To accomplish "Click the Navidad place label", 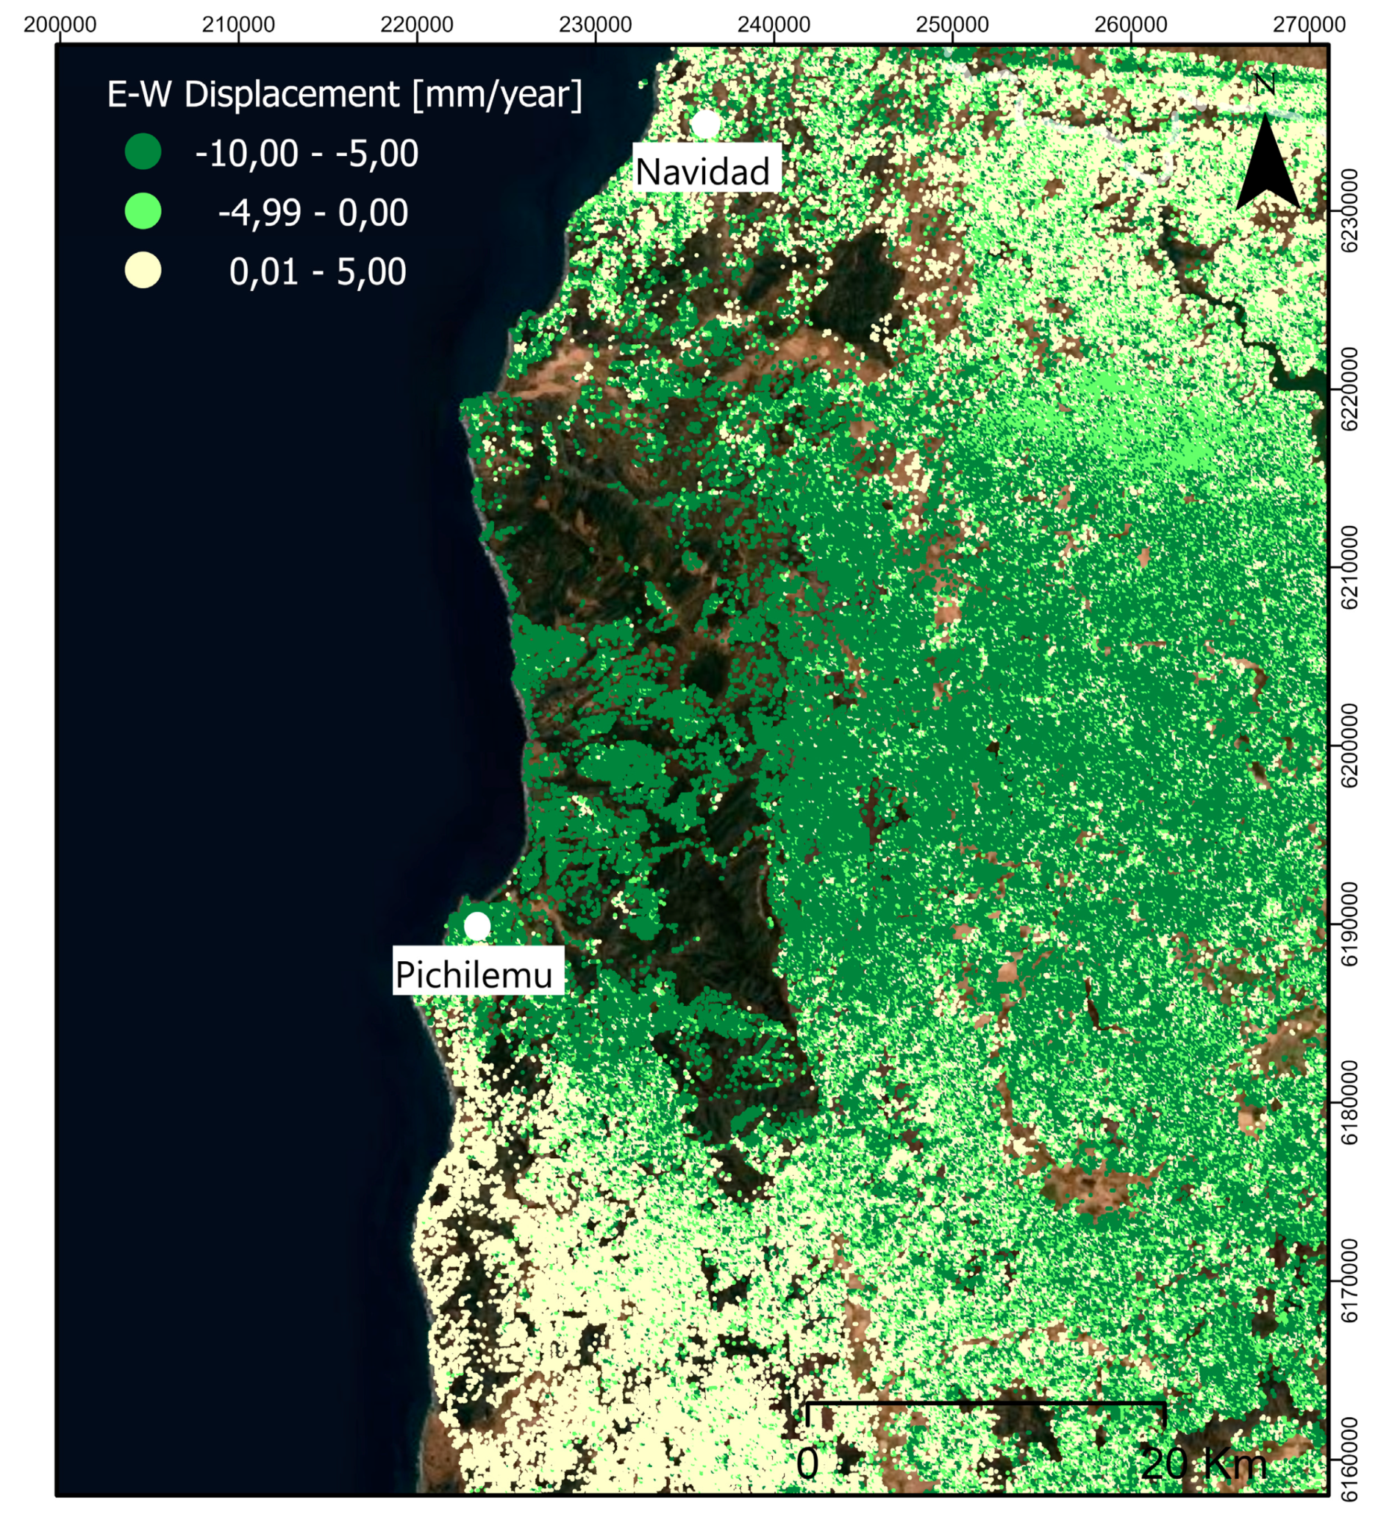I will pos(702,172).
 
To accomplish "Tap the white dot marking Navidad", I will pos(707,124).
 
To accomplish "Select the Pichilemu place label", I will pos(474,975).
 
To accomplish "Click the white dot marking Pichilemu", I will pos(477,926).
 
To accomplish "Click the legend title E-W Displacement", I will pos(344,94).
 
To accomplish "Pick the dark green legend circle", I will pos(143,151).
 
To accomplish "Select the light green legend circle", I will pos(143,211).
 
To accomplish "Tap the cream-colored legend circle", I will pos(143,271).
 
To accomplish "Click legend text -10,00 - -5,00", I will pos(307,153).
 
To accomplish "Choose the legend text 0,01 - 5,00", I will pos(318,271).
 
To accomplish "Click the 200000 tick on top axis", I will pos(60,25).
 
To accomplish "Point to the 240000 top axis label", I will pos(774,25).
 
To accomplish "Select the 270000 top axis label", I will pos(1309,25).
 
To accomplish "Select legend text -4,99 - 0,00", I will pos(313,213).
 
